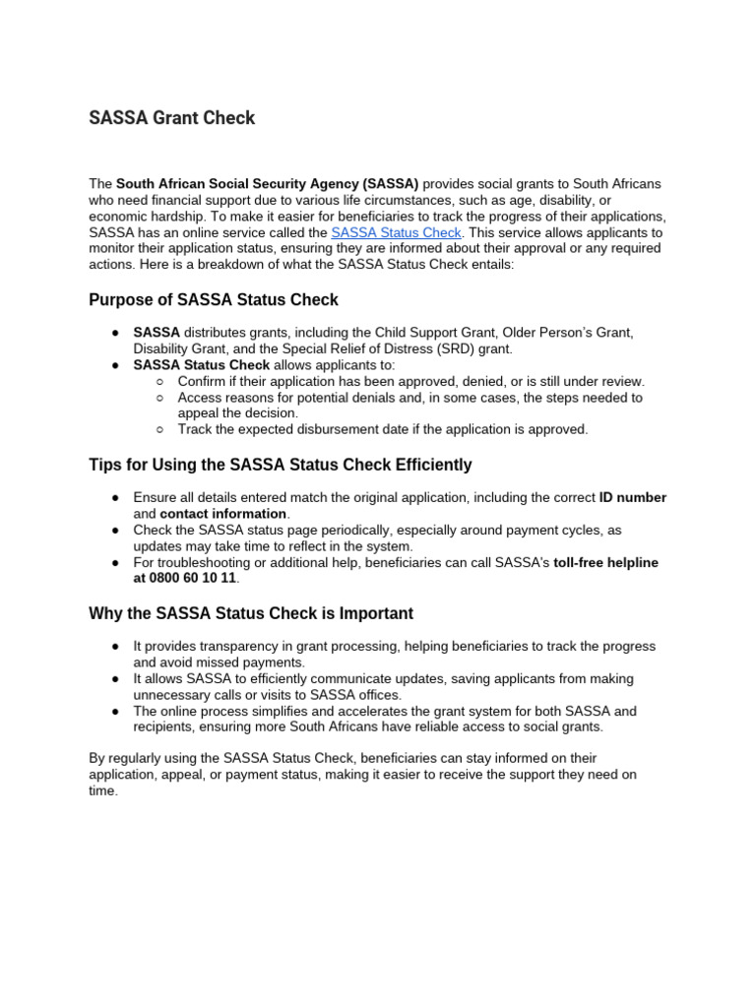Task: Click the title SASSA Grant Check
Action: pyautogui.click(x=171, y=118)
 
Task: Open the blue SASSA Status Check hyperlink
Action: pyautogui.click(x=396, y=233)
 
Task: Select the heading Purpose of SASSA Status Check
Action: pyautogui.click(x=214, y=300)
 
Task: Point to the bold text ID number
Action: pyautogui.click(x=632, y=498)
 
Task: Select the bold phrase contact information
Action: pyautogui.click(x=223, y=514)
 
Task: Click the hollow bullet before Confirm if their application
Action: pyautogui.click(x=160, y=381)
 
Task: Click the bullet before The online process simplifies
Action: pyautogui.click(x=115, y=711)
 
